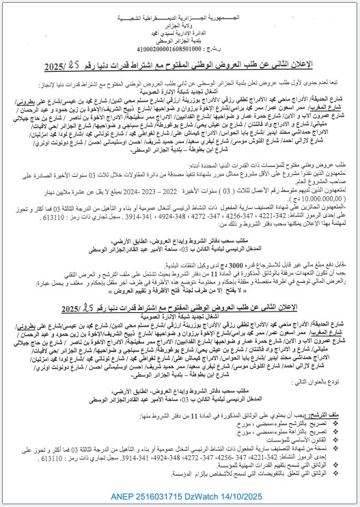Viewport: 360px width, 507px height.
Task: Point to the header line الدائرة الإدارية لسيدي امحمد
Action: (180, 31)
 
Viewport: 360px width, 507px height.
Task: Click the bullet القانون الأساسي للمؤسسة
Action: (290, 436)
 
